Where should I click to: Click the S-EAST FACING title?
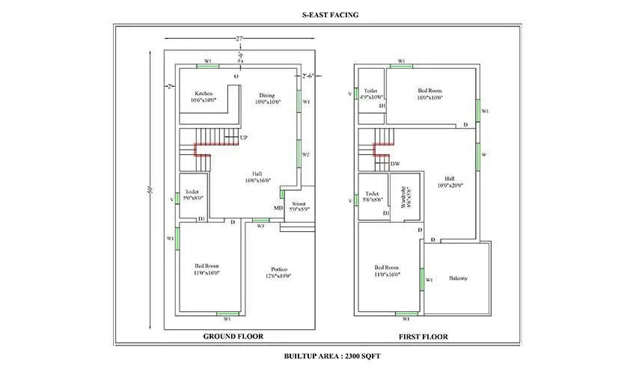[x=318, y=13]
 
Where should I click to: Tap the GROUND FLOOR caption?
[x=233, y=337]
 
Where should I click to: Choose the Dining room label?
[x=267, y=99]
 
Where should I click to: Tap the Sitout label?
[x=299, y=206]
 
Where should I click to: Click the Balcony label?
[x=458, y=278]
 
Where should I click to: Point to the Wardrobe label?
[x=405, y=200]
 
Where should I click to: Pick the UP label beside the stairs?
[x=244, y=138]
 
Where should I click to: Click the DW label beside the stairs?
[x=395, y=163]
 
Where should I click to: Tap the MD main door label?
[x=278, y=207]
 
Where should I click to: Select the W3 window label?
[x=260, y=225]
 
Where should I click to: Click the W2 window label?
[x=305, y=154]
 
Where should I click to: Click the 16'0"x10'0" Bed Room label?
[x=429, y=93]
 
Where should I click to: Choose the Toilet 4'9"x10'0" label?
[x=371, y=93]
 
